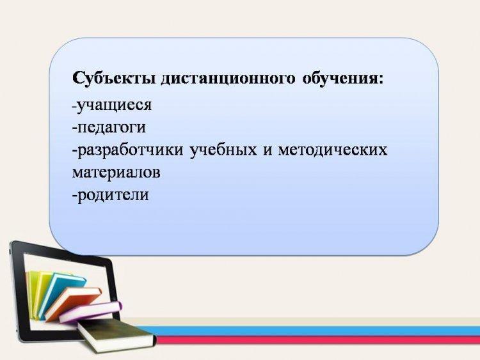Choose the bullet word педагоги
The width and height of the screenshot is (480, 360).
coord(111,128)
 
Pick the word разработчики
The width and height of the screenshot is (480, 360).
coord(129,150)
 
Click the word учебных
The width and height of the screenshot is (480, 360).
coord(223,150)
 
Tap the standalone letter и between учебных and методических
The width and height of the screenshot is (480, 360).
coord(268,151)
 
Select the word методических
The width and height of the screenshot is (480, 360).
coord(333,150)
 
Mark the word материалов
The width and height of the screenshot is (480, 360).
coord(116,173)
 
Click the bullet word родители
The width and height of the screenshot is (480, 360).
coord(113,195)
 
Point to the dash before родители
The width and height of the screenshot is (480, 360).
coord(74,196)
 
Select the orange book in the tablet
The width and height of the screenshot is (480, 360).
coord(74,303)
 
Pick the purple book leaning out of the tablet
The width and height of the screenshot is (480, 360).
coord(91,311)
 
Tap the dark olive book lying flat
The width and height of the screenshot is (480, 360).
coord(116,336)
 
